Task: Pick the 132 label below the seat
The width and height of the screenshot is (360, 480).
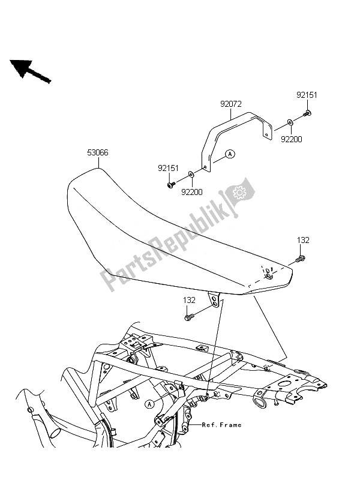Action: pos(190,299)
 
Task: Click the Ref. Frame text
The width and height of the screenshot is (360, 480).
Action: pos(221,425)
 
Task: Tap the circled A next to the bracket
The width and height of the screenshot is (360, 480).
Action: pos(230,154)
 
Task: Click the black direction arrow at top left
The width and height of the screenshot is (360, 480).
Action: pos(29,71)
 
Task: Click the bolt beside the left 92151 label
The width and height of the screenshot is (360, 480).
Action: pos(171,184)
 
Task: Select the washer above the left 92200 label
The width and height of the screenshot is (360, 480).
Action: pos(191,175)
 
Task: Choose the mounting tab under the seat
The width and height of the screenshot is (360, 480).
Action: pos(213,299)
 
